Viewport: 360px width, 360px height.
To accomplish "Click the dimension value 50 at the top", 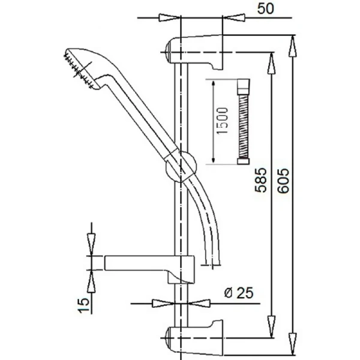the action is [265, 9].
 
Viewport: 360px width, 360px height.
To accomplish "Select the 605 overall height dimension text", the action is [283, 181].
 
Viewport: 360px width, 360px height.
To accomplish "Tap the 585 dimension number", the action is [261, 181].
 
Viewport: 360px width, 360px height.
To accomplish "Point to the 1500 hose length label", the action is [223, 121].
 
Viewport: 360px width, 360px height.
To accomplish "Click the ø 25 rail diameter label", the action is [239, 293].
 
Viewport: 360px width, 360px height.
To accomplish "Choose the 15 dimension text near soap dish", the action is [83, 305].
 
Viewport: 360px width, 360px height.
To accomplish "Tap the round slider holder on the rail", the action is [181, 166].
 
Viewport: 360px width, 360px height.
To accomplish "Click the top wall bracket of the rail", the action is [194, 52].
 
